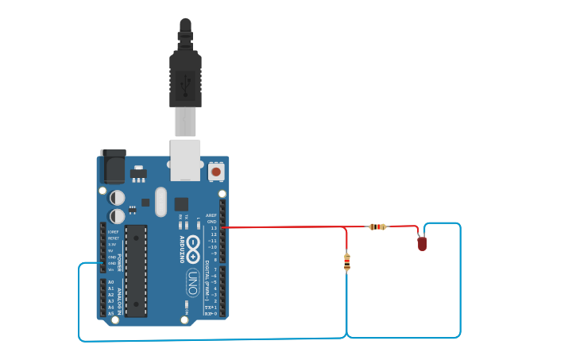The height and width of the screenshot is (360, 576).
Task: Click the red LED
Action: [x=422, y=243]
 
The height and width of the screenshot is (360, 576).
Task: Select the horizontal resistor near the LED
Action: [x=378, y=226]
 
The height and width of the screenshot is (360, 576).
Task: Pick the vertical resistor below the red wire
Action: [x=347, y=261]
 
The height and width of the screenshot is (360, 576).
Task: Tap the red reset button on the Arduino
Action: [x=215, y=171]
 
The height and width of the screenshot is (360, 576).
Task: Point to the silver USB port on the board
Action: [x=185, y=158]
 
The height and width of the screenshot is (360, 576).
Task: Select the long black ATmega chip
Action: [x=136, y=270]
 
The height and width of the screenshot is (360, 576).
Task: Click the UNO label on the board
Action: [x=192, y=282]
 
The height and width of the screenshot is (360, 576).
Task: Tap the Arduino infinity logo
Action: [x=193, y=250]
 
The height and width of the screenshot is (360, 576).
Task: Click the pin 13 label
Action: [x=213, y=228]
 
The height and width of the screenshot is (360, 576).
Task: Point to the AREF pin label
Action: [x=211, y=215]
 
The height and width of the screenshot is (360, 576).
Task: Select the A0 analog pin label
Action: [x=110, y=282]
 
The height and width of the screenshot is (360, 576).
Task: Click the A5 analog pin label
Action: [x=110, y=313]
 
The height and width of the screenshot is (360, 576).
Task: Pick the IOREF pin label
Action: [x=113, y=231]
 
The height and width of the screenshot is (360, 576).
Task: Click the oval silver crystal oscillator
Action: [x=161, y=202]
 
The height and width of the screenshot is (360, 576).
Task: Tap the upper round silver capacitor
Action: [x=118, y=197]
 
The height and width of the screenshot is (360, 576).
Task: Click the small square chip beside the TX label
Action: [x=181, y=204]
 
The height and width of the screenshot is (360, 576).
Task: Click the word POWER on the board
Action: [x=121, y=263]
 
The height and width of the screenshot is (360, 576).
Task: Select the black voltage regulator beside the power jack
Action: [x=138, y=172]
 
